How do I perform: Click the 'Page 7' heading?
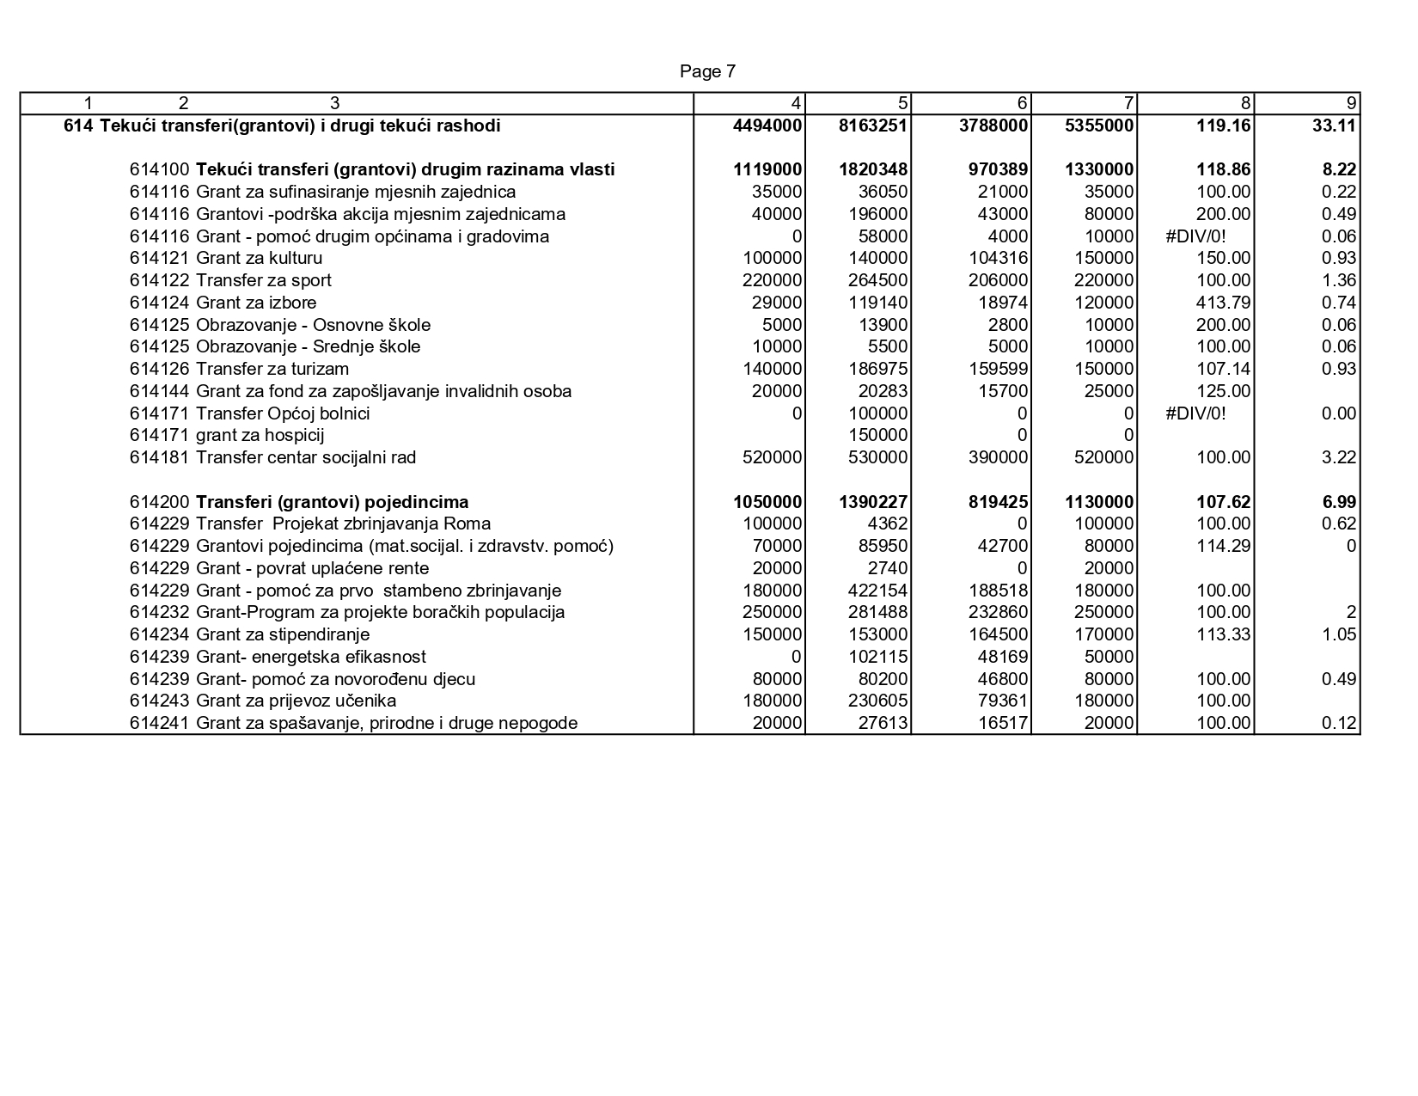pos(707,71)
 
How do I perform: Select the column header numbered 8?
pos(1245,104)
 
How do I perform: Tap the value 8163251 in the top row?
pos(873,126)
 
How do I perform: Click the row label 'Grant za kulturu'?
pos(259,258)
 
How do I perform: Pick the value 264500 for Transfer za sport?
pos(877,280)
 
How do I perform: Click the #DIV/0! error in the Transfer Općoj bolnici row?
pos(1195,413)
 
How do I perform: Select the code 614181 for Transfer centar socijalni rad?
pos(161,457)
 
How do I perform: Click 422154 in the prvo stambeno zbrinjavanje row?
pos(877,591)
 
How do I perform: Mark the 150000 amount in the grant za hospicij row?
pos(877,435)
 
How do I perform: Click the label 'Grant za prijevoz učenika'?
pos(296,701)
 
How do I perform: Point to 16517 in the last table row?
pos(1003,723)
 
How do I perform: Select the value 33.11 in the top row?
pos(1335,126)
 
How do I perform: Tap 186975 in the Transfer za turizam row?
pos(877,369)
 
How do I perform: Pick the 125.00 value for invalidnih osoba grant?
pos(1223,391)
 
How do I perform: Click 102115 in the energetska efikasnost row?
pos(877,657)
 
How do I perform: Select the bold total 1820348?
pos(873,169)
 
